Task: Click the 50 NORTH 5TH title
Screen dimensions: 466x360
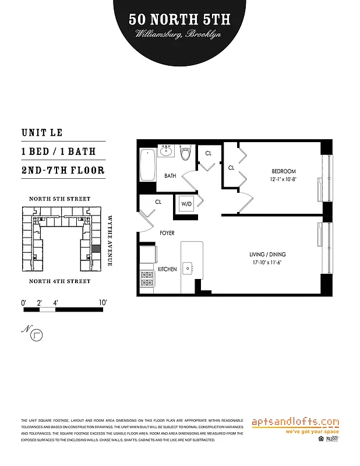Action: (x=179, y=19)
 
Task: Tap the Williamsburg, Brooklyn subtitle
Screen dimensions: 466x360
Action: (x=179, y=34)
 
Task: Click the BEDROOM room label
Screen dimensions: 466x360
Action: (x=284, y=171)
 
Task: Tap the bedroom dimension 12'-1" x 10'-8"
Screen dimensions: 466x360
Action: (x=284, y=179)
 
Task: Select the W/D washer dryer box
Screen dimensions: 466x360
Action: (x=187, y=204)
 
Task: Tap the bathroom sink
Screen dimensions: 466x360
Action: (x=167, y=151)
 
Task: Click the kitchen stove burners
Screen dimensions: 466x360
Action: (x=147, y=278)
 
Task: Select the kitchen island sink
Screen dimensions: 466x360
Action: (x=188, y=268)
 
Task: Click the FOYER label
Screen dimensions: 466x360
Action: (x=167, y=233)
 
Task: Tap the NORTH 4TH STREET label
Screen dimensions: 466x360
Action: (x=60, y=281)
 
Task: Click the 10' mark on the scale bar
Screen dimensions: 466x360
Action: (x=103, y=302)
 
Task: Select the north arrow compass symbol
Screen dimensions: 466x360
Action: (x=38, y=335)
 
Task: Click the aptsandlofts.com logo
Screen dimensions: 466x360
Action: (x=295, y=422)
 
